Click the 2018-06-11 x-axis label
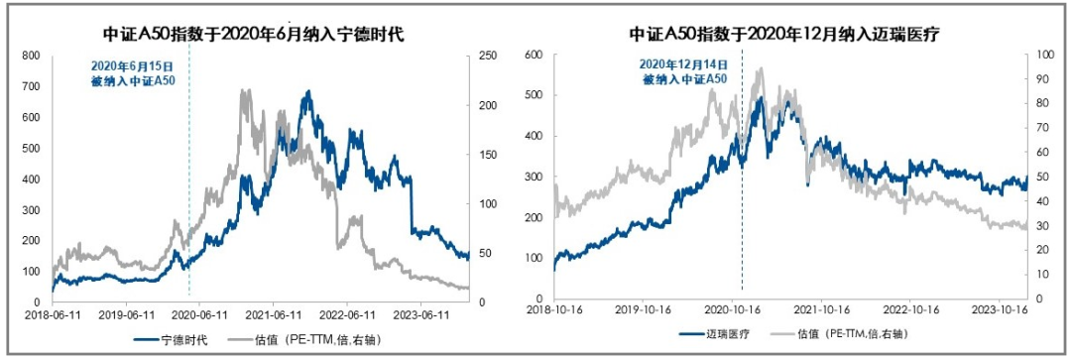click(51, 314)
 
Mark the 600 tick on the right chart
click(533, 54)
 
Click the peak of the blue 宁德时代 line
click(308, 92)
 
